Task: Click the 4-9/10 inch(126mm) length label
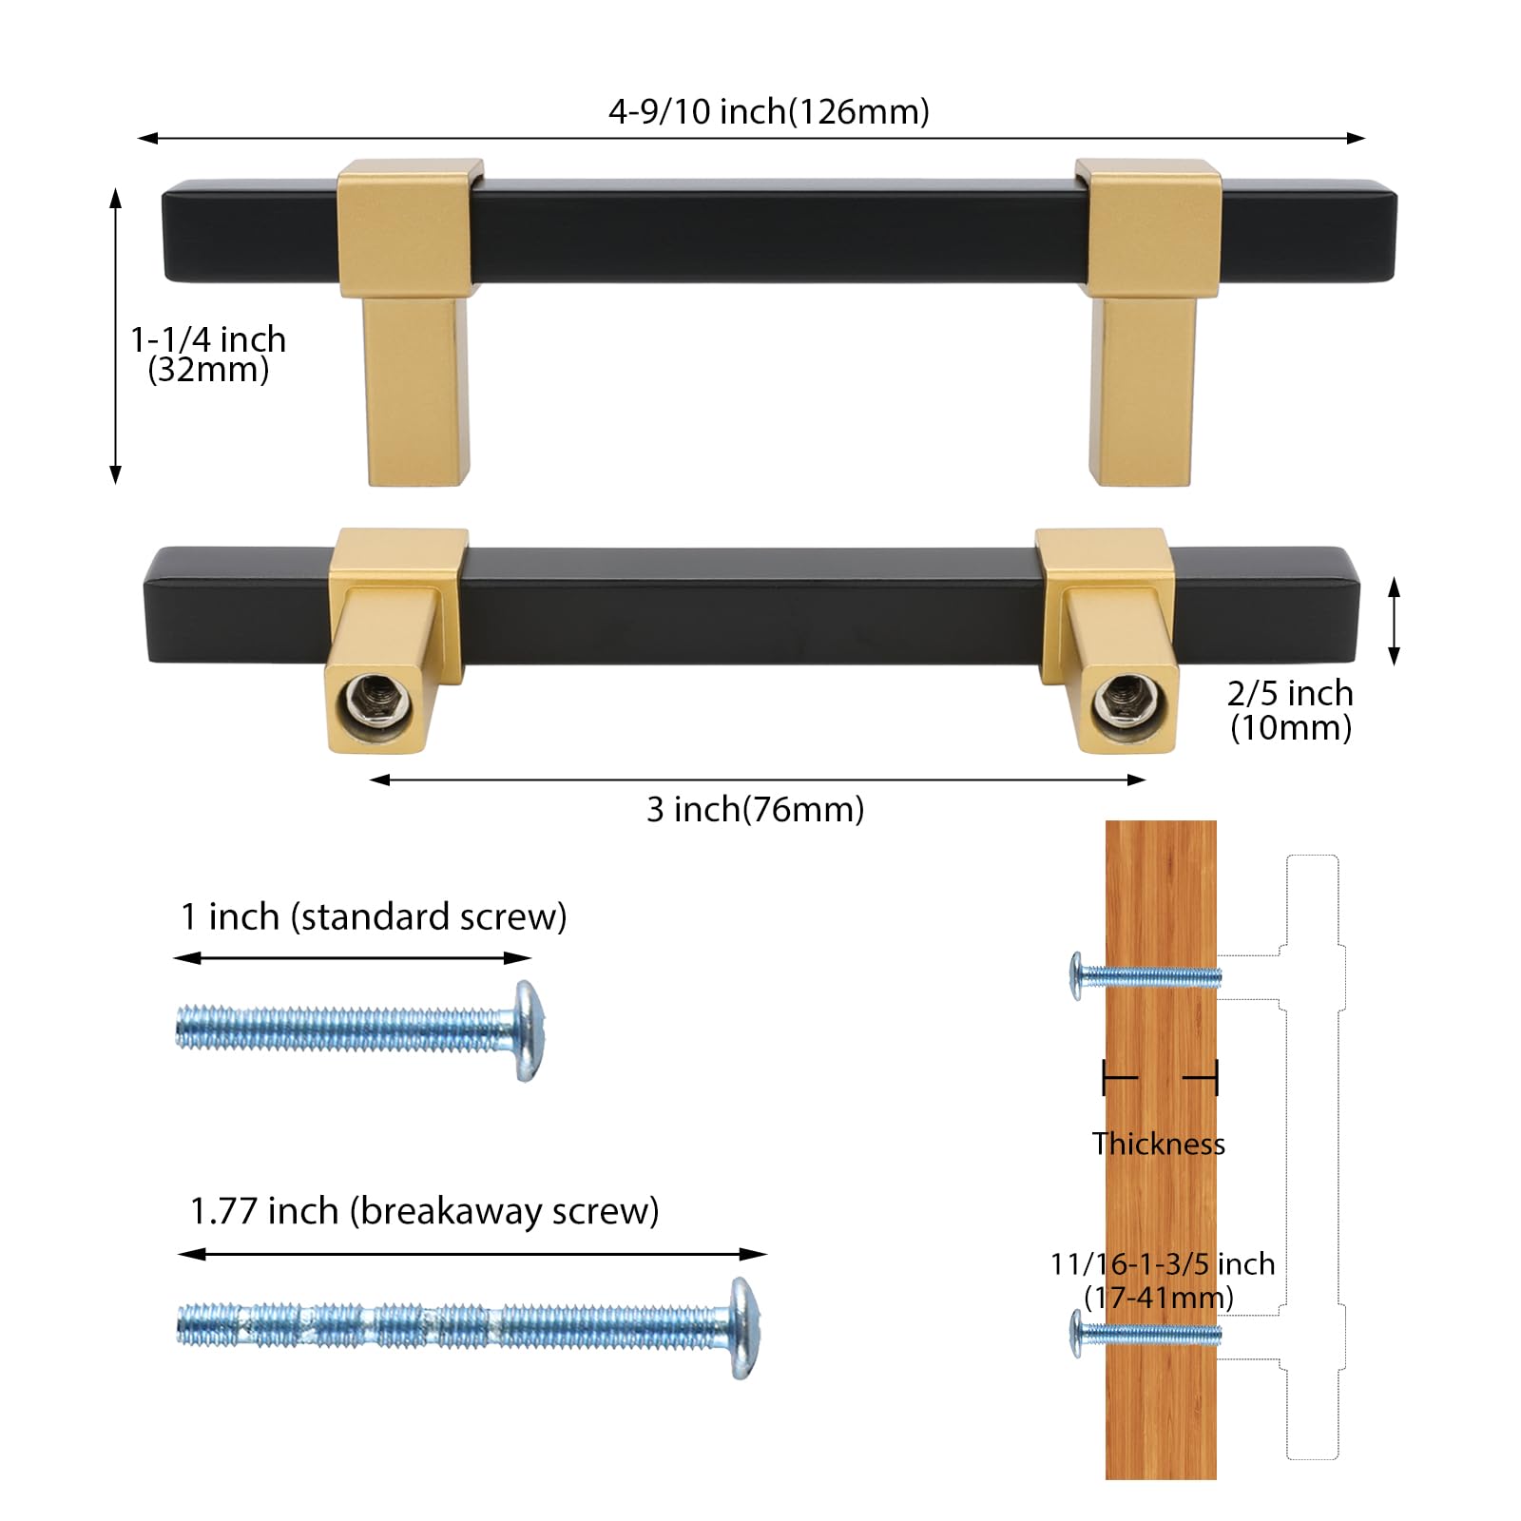pos(768,112)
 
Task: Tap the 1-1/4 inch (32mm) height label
pos(208,354)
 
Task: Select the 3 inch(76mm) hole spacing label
pos(755,810)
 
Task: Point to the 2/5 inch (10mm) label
pos(1290,710)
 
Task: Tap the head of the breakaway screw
pos(742,1327)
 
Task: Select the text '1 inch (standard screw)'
pos(374,916)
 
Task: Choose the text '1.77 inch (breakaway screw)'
pos(424,1211)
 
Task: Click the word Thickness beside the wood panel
pos(1158,1144)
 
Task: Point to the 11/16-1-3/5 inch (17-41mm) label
pos(1162,1280)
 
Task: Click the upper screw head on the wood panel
pos(1077,975)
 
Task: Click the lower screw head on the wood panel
pos(1077,1333)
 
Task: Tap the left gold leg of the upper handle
pos(415,390)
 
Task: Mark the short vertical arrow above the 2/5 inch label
pos(1394,622)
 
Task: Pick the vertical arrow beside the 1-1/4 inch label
pos(116,336)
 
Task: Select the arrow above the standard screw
pos(352,957)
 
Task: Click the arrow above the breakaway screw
pos(472,1254)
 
